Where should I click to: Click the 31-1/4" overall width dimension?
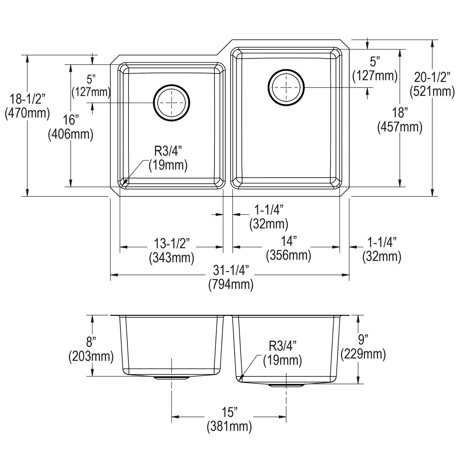pyautogui.click(x=230, y=270)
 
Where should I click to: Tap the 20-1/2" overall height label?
pyautogui.click(x=432, y=77)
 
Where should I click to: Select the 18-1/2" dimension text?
pyautogui.click(x=27, y=99)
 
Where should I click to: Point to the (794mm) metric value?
pyautogui.click(x=230, y=284)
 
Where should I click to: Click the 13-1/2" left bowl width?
pyautogui.click(x=172, y=243)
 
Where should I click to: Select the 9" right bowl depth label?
pyautogui.click(x=363, y=339)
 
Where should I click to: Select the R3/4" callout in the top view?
pyautogui.click(x=168, y=151)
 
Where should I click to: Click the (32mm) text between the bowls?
pyautogui.click(x=269, y=224)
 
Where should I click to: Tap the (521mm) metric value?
pyautogui.click(x=432, y=91)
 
